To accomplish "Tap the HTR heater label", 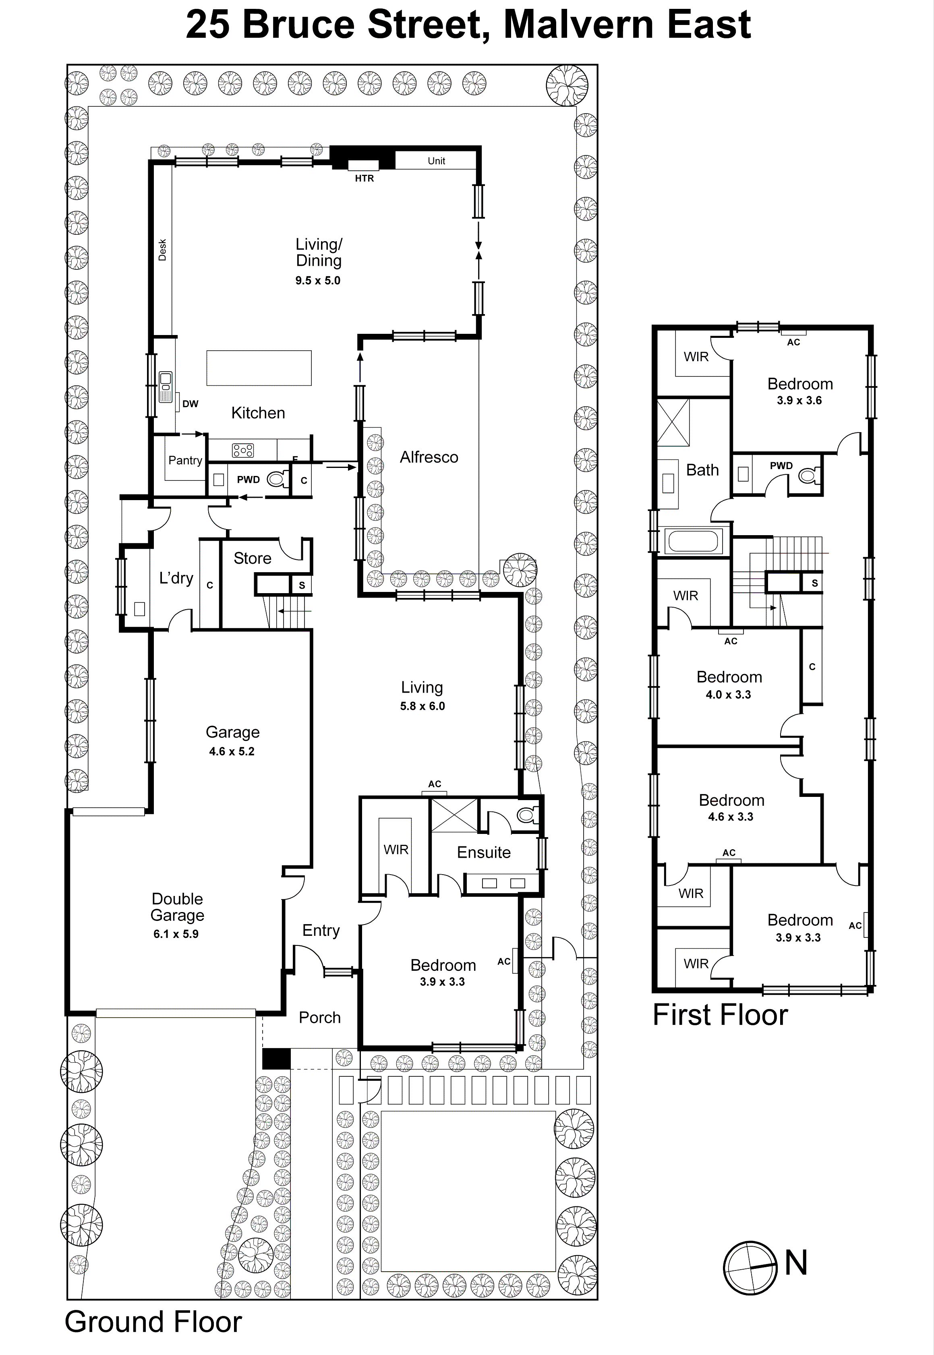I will [364, 178].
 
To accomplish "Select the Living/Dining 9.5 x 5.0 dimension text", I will [318, 281].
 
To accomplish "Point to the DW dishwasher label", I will [190, 404].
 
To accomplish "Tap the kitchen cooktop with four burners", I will [243, 450].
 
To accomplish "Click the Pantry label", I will [185, 460].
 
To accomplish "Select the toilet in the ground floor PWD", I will [278, 480].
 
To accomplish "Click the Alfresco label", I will [429, 457].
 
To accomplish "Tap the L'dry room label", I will [176, 578].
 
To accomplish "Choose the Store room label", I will [252, 558].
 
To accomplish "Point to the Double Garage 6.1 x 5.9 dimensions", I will [176, 934].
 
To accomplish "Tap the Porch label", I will [319, 1018].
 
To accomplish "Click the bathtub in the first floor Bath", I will [693, 541].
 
